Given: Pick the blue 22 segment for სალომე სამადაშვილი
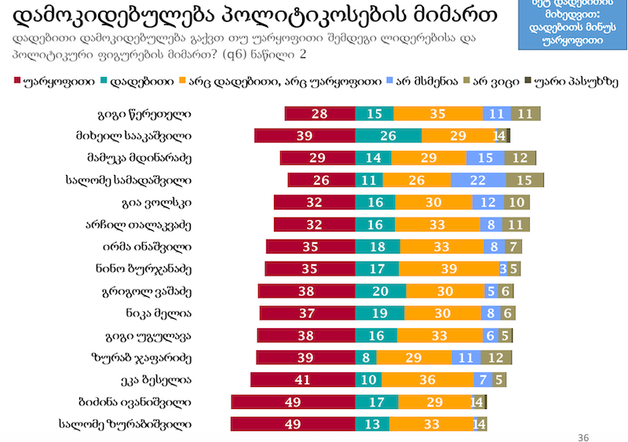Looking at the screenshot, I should coord(478,180).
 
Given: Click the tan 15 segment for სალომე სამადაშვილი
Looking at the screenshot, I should coord(524,180).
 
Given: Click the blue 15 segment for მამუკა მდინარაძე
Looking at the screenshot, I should coord(485,158).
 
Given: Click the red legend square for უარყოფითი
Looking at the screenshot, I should coord(17,81).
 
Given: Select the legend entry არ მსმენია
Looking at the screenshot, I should coord(426,81).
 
